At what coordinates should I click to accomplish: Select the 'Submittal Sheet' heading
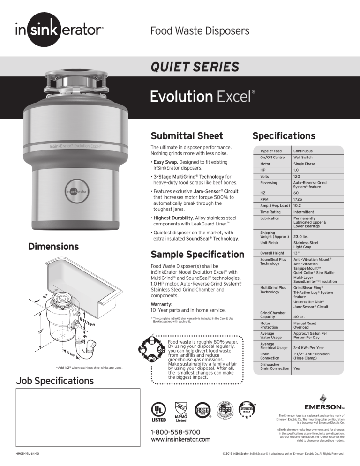click(x=187, y=136)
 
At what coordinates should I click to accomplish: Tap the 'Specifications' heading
click(x=284, y=136)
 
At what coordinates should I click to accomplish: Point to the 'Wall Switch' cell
click(x=304, y=158)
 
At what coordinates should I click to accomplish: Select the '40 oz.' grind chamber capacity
click(x=299, y=317)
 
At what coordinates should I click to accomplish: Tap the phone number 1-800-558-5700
click(x=175, y=431)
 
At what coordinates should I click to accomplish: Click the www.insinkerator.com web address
click(x=180, y=439)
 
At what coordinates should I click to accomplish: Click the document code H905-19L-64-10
click(x=27, y=454)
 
